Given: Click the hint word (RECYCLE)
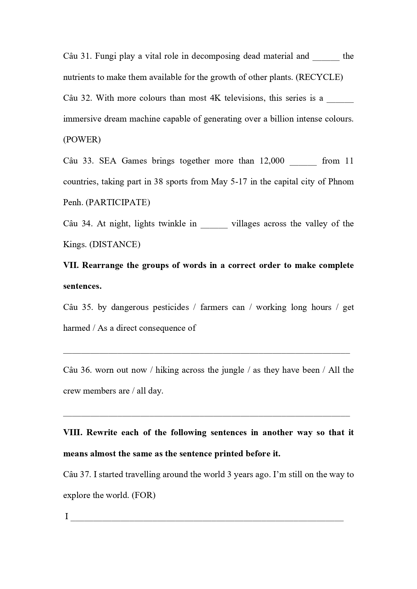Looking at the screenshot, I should (x=319, y=77).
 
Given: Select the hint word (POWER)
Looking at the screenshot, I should (x=82, y=140).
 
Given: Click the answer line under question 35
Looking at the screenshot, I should (x=206, y=352).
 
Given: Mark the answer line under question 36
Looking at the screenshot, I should (x=206, y=415).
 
